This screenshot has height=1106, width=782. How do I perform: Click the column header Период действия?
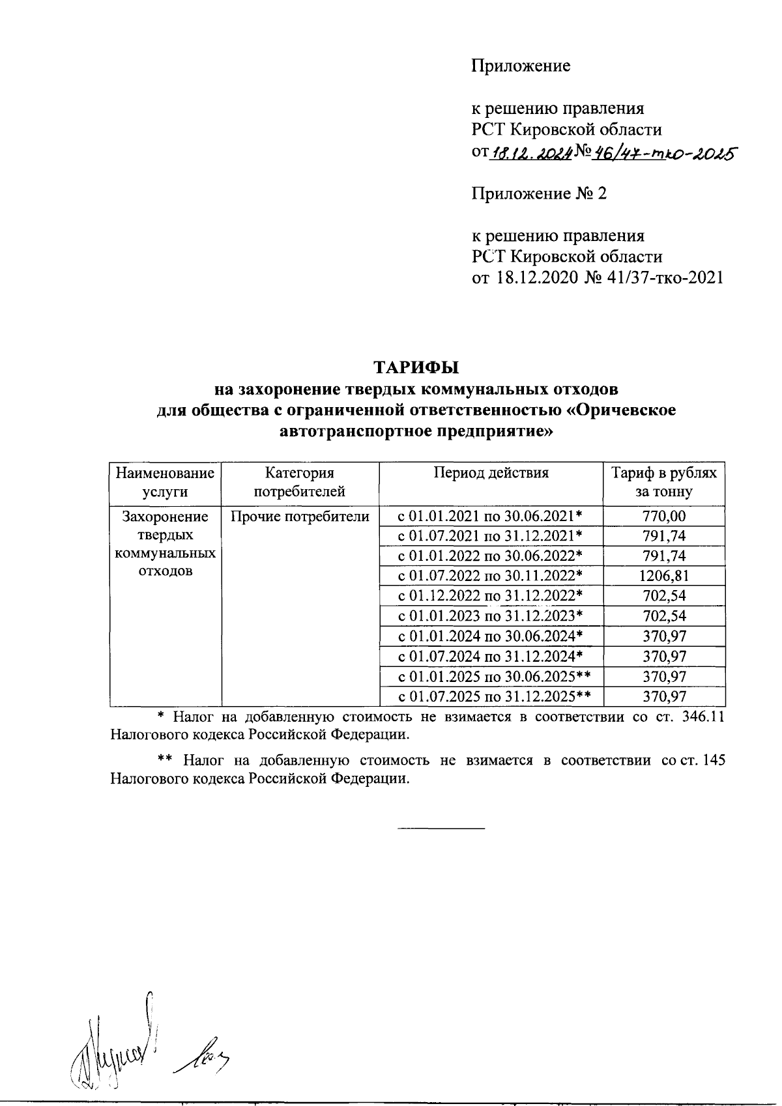click(x=491, y=473)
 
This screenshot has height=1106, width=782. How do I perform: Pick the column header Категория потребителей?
click(x=300, y=482)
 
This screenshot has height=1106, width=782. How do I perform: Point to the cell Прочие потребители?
click(x=300, y=517)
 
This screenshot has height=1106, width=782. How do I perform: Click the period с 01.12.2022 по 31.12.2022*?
click(x=490, y=596)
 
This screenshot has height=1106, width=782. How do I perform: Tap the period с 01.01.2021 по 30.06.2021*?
click(x=490, y=517)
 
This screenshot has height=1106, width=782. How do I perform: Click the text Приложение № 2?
click(x=539, y=193)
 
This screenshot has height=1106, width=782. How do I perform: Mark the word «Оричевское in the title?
click(x=622, y=410)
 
